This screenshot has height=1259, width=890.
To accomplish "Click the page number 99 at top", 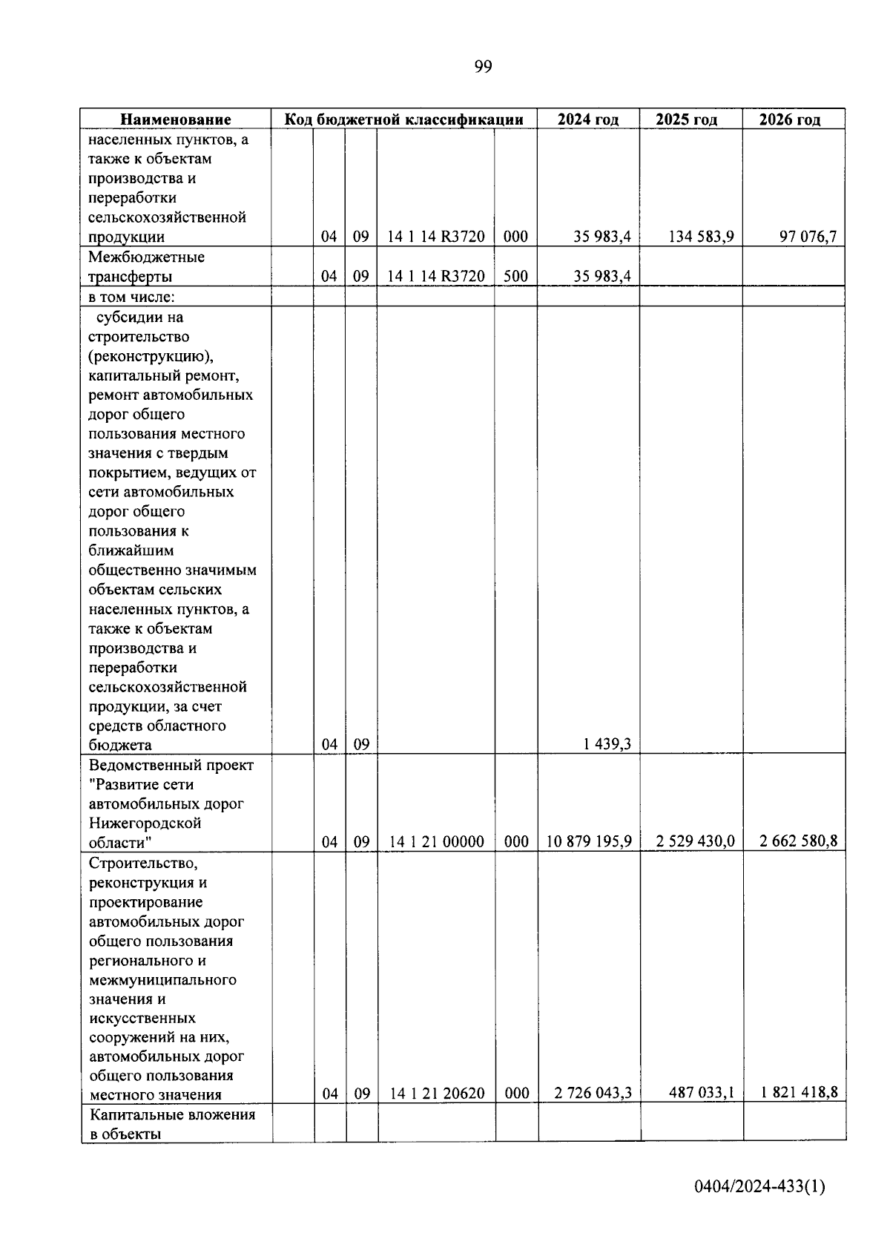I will [x=483, y=68].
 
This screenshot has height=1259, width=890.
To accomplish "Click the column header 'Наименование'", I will [x=176, y=119].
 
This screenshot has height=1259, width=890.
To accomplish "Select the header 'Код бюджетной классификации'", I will [x=405, y=119].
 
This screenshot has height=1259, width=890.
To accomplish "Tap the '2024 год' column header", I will [x=588, y=119].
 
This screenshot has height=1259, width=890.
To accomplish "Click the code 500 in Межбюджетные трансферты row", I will [x=515, y=277].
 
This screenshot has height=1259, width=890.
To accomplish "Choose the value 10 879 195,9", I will [x=589, y=842].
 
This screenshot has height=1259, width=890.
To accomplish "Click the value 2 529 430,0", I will [x=695, y=842].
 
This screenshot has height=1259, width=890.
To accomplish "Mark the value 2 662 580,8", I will [x=798, y=842].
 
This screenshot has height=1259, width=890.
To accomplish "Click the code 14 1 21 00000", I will [x=436, y=842].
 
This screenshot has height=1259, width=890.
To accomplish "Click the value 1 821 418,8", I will [x=799, y=1093].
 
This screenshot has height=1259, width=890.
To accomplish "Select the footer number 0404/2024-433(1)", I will [x=759, y=1186].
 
